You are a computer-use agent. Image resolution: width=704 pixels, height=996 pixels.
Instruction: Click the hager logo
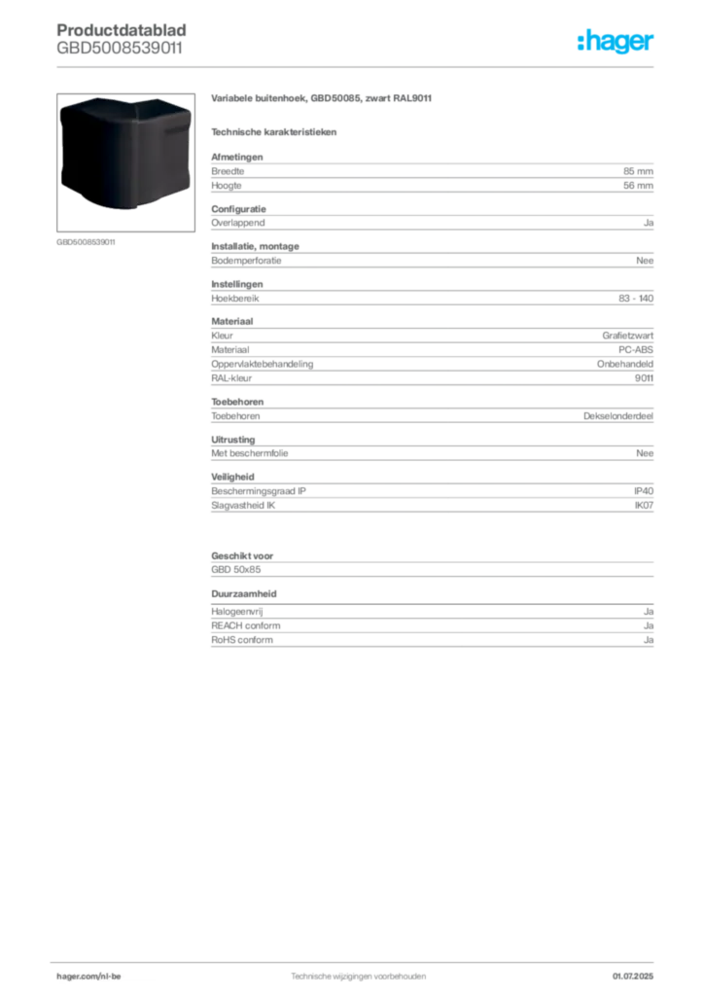click(616, 41)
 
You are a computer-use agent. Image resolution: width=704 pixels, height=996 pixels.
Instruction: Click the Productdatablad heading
click(122, 30)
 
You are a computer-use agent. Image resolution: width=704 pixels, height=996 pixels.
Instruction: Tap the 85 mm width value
click(638, 171)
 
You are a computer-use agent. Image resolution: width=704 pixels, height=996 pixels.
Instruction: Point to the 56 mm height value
click(638, 186)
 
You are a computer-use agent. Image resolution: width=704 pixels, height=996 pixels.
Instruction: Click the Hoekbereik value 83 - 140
click(636, 298)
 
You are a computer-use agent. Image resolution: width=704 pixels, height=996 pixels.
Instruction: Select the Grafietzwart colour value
click(628, 336)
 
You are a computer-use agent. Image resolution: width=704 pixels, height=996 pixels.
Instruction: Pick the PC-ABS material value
click(636, 349)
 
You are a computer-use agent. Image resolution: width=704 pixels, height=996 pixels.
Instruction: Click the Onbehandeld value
click(625, 364)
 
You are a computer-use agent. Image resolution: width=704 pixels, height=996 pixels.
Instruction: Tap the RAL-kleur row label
click(231, 378)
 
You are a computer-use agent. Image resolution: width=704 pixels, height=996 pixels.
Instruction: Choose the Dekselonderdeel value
click(618, 416)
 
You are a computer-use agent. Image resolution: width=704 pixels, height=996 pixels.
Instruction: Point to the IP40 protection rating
click(644, 491)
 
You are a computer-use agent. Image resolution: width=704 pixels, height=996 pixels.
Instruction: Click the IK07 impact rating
click(644, 506)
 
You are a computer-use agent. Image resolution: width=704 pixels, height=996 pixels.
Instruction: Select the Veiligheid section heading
click(233, 477)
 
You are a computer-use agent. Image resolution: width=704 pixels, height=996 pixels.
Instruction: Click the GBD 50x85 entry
click(236, 570)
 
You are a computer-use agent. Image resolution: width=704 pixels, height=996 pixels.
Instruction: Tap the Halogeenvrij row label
click(237, 612)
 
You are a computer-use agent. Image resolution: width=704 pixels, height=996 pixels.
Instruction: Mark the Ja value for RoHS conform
click(649, 640)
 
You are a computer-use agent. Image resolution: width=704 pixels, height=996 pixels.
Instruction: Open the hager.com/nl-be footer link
click(88, 977)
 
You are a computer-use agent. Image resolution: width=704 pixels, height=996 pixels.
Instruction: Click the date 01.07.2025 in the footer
click(633, 977)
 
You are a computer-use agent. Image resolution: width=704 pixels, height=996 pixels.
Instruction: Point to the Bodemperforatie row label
click(246, 261)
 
